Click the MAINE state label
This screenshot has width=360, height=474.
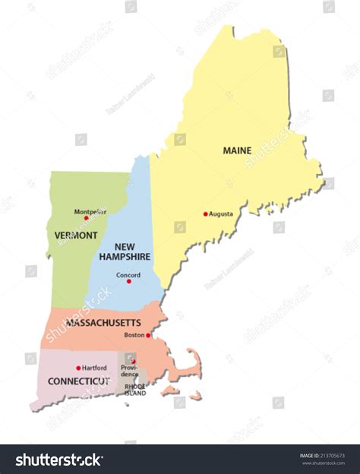[237, 150]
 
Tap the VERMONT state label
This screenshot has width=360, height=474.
[76, 235]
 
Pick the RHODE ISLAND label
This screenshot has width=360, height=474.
[135, 388]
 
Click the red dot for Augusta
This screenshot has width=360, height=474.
[205, 214]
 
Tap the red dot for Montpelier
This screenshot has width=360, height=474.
[86, 218]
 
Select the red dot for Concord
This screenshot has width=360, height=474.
[128, 281]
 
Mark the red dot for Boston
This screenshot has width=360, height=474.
[148, 335]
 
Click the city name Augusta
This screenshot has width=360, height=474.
[221, 214]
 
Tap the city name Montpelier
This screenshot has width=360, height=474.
[90, 210]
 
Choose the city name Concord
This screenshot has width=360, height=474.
[128, 274]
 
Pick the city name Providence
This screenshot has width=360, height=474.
[129, 371]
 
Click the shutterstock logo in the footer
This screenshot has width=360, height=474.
[59, 460]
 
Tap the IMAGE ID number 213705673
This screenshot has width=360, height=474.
[334, 456]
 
